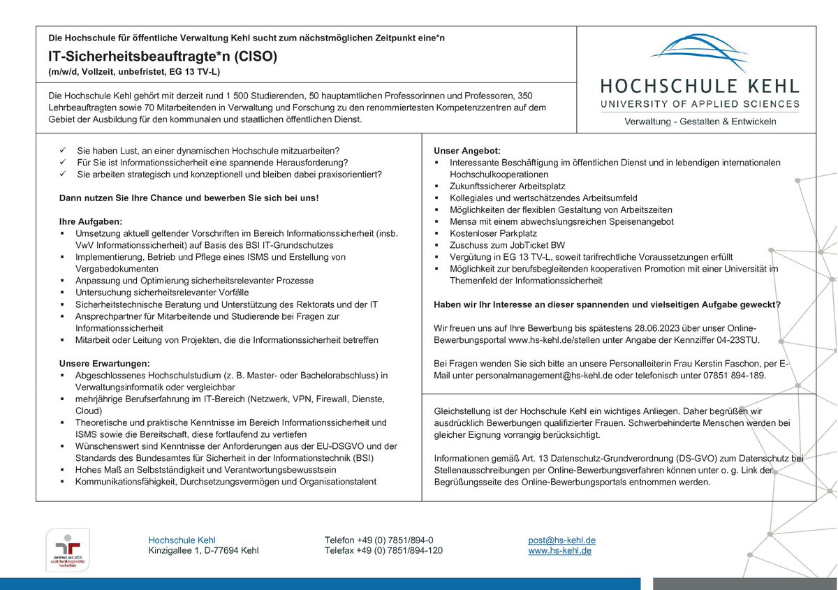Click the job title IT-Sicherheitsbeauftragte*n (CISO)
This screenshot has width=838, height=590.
[x=163, y=57]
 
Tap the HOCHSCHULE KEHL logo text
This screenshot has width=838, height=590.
[x=700, y=87]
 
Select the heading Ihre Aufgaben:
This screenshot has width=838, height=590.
[x=91, y=221]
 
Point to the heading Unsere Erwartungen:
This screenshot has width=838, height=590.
[x=104, y=364]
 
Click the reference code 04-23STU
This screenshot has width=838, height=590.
[x=735, y=339]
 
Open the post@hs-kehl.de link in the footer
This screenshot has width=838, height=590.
[x=561, y=540]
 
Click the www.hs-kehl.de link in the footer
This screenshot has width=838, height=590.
[x=560, y=550]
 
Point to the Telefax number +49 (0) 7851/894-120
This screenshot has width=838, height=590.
[x=383, y=550]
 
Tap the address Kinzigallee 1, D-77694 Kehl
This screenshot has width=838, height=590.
[x=203, y=550]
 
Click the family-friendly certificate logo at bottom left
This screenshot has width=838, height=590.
[x=63, y=550]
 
